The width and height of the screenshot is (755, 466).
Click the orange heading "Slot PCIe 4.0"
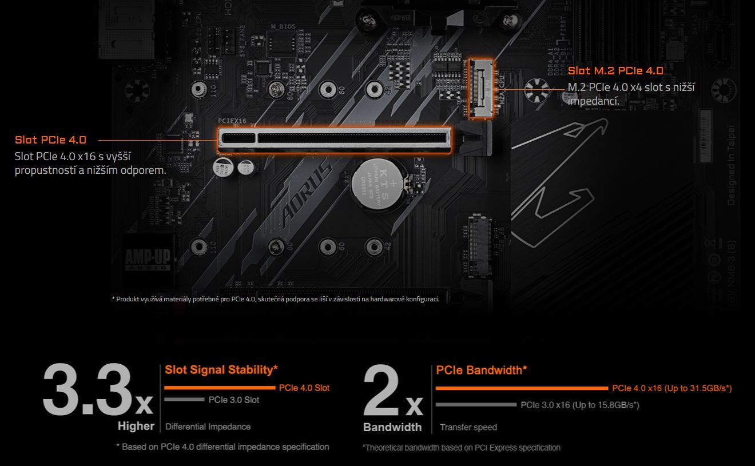point(50,140)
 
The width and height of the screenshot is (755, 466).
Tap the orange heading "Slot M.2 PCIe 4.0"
point(615,71)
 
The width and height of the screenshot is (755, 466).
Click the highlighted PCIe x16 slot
point(335,140)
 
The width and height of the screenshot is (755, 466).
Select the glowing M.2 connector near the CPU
point(480,89)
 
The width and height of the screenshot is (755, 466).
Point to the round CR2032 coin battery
point(377,184)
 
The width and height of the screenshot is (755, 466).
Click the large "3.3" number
point(87,389)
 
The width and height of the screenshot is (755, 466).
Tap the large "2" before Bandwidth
point(381,390)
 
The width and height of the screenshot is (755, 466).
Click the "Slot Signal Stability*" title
point(221,369)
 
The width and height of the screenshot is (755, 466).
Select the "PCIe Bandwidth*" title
point(482,370)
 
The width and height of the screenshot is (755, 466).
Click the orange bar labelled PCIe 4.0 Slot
point(220,388)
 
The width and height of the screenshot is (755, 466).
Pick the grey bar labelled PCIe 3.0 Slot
point(184,400)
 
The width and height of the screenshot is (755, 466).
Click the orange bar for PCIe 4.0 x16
point(522,388)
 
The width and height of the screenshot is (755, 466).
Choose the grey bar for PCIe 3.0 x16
point(476,404)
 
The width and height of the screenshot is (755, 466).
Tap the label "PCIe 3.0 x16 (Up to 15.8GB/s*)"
point(580,405)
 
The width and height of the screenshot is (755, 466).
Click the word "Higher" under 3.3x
point(136,426)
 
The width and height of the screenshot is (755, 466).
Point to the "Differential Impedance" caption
point(208,427)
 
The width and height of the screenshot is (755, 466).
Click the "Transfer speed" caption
point(468,427)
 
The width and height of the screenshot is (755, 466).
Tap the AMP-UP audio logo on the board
point(148,259)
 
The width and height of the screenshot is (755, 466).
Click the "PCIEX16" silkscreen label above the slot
point(232,121)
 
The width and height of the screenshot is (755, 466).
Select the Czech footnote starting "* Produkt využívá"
point(276,299)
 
